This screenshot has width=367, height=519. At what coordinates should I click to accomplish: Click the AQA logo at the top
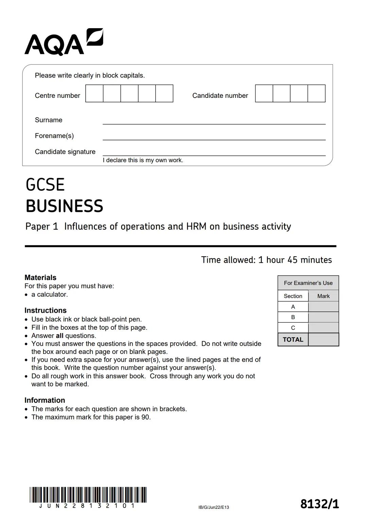pyautogui.click(x=64, y=42)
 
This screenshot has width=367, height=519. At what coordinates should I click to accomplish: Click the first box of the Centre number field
pyautogui.click(x=94, y=93)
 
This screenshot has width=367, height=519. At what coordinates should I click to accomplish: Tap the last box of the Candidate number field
pyautogui.click(x=316, y=93)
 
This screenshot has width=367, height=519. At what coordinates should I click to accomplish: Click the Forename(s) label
pyautogui.click(x=54, y=136)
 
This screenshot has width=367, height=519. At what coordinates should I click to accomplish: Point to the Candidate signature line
pyautogui.click(x=214, y=153)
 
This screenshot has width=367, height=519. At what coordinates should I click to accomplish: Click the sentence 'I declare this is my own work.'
pyautogui.click(x=143, y=160)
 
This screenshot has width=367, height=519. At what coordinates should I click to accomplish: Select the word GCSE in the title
pyautogui.click(x=45, y=185)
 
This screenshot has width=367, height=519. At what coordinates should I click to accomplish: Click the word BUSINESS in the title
pyautogui.click(x=64, y=206)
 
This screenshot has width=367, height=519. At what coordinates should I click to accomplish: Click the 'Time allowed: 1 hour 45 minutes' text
pyautogui.click(x=266, y=260)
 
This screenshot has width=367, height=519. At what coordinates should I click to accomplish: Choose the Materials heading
pyautogui.click(x=40, y=277)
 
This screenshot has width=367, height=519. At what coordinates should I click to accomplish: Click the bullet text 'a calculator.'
pyautogui.click(x=50, y=294)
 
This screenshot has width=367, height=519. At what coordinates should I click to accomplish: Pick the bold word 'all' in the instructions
pyautogui.click(x=59, y=335)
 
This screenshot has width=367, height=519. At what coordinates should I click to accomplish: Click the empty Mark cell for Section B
pyautogui.click(x=323, y=317)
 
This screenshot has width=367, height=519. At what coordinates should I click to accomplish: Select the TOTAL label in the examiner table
pyautogui.click(x=293, y=340)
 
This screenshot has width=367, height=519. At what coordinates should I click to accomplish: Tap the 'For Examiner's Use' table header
pyautogui.click(x=308, y=283)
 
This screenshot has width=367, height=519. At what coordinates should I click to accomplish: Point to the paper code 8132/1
pyautogui.click(x=319, y=504)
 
